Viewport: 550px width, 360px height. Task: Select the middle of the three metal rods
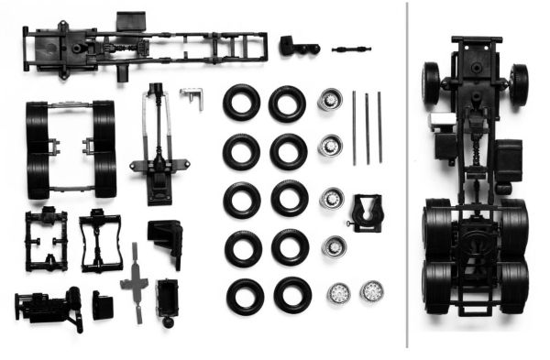[367, 127]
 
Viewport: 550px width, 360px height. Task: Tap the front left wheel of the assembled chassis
[431, 83]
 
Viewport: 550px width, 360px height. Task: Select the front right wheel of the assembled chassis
[519, 83]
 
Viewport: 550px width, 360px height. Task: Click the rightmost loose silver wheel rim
[372, 291]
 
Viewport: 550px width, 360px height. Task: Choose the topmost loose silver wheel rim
[329, 100]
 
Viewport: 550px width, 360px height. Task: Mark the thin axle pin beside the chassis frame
[351, 45]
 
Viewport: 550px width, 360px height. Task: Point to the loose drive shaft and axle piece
[159, 147]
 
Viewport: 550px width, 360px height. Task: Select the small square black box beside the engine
[103, 305]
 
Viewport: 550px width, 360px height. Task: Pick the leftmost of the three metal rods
[354, 127]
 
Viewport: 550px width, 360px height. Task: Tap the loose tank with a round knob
[167, 300]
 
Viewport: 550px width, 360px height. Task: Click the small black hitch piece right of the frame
[297, 45]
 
